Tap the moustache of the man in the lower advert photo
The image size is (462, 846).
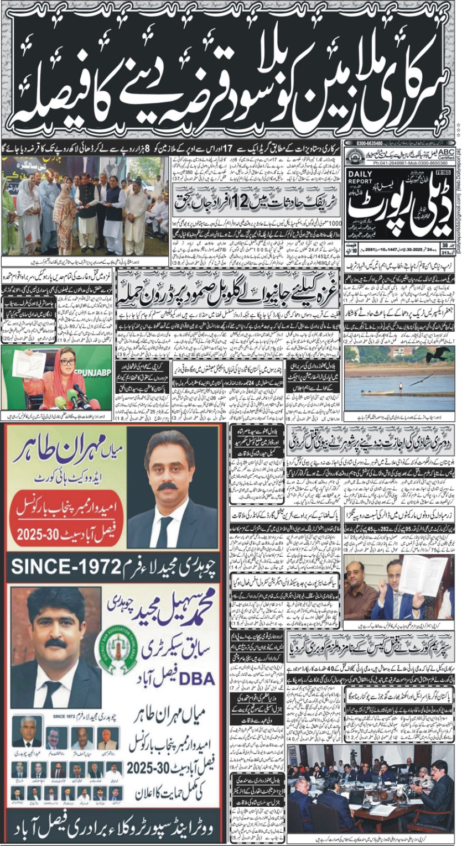(x=55, y=643)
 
